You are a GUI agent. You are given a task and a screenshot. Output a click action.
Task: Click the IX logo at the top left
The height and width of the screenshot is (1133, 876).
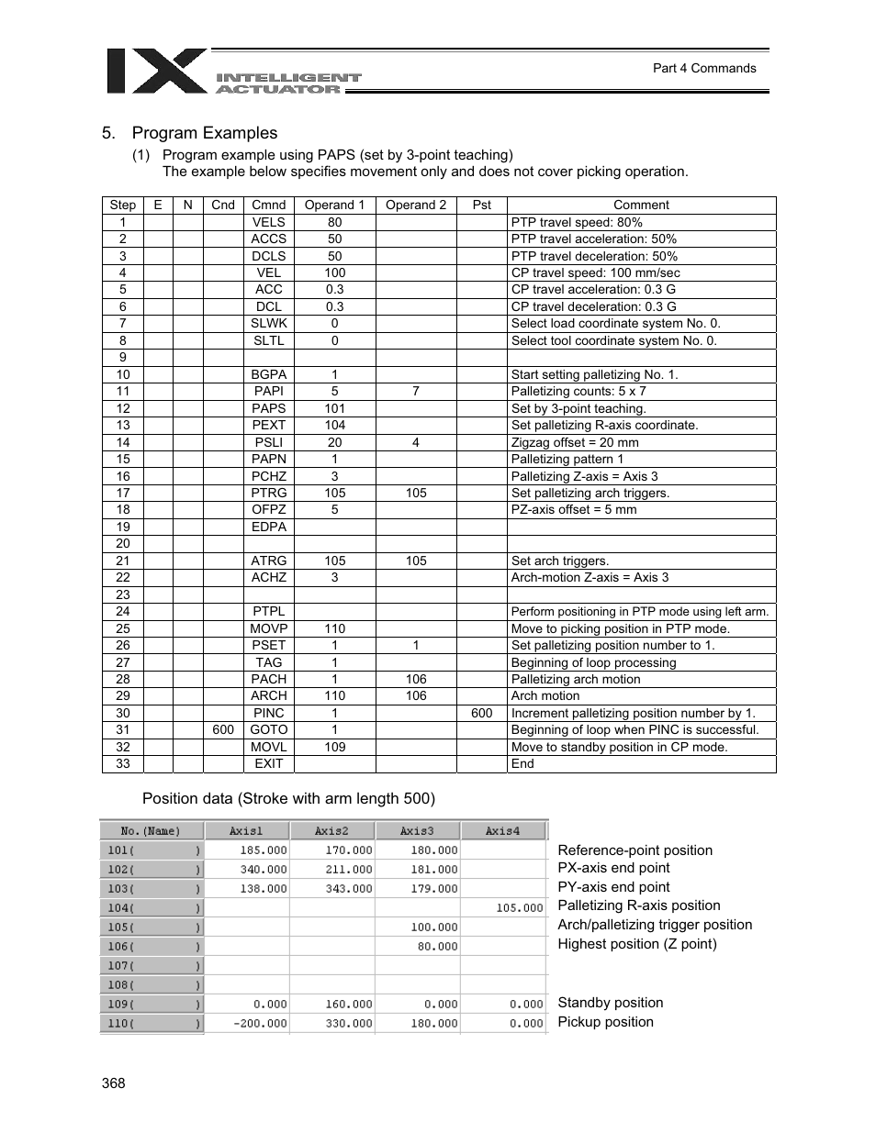pyautogui.click(x=156, y=72)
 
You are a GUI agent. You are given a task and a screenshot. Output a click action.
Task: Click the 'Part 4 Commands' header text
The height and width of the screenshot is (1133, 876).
pyautogui.click(x=703, y=68)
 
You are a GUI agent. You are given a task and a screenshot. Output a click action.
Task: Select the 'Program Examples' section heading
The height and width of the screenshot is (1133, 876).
pyautogui.click(x=204, y=133)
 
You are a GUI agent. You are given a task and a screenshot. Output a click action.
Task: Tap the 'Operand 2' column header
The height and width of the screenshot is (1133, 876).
pyautogui.click(x=415, y=205)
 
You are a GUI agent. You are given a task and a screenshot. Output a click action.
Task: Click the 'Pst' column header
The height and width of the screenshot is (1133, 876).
pyautogui.click(x=481, y=205)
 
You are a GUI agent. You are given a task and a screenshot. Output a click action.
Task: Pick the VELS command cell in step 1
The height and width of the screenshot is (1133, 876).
pyautogui.click(x=268, y=222)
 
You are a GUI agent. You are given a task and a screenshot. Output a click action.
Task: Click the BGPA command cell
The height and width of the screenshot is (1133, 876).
pyautogui.click(x=268, y=374)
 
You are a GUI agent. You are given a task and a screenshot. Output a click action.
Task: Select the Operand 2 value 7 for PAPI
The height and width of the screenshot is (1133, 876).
pyautogui.click(x=415, y=391)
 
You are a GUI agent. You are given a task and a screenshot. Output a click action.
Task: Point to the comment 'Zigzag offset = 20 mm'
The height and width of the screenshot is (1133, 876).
pyautogui.click(x=574, y=442)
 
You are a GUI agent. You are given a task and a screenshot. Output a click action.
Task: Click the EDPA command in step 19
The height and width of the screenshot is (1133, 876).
pyautogui.click(x=268, y=527)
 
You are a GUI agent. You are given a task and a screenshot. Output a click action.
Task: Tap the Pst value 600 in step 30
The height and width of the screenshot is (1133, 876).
pyautogui.click(x=481, y=713)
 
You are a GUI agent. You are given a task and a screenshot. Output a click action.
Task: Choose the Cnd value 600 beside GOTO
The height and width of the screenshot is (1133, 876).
pyautogui.click(x=222, y=729)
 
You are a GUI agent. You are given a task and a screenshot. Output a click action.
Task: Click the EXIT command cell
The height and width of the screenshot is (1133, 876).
pyautogui.click(x=268, y=763)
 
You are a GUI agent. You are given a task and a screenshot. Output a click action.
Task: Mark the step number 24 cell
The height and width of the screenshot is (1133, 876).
pyautogui.click(x=122, y=611)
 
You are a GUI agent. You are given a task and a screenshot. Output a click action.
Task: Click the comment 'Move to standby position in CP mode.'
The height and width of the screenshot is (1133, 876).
pyautogui.click(x=619, y=747)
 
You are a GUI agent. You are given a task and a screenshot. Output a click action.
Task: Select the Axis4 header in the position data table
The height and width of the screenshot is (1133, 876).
pyautogui.click(x=502, y=831)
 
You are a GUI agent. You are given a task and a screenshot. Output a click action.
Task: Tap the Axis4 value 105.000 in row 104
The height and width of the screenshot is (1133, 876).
pyautogui.click(x=520, y=908)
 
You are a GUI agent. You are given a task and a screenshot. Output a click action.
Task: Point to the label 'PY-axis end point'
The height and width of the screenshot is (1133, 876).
pyautogui.click(x=613, y=887)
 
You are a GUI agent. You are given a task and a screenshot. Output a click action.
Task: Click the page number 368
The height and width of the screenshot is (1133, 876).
pyautogui.click(x=114, y=1083)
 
